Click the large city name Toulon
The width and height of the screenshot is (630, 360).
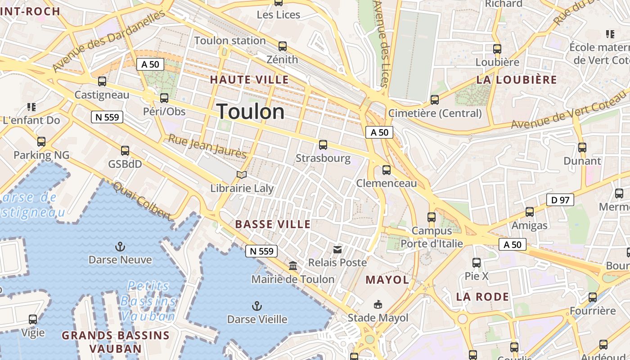coord(251,112)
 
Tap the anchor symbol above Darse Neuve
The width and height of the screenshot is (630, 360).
coord(120,246)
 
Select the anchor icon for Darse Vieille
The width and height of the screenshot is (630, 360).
coord(256,306)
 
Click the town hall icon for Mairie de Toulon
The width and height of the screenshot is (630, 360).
coord(293,266)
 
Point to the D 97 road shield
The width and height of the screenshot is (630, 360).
coord(560,200)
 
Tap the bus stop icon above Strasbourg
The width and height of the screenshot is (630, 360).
coord(323,145)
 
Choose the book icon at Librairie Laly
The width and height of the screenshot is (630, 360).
coord(242,175)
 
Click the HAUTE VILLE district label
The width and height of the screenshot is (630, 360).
coord(249,80)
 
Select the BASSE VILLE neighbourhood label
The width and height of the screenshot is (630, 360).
coord(273,224)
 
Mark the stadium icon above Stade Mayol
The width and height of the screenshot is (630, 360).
coord(378,305)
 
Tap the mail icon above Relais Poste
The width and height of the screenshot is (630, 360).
coord(337,249)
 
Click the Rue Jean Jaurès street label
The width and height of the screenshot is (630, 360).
coord(207,146)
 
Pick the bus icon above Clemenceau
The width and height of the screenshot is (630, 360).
coord(387,170)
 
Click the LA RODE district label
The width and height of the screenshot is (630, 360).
coord(482,297)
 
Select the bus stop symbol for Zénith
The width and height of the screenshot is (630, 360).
coord(283,46)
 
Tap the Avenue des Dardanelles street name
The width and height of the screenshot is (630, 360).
coord(108,40)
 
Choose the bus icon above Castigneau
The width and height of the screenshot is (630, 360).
coord(102,81)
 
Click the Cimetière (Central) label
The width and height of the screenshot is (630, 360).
coord(435,113)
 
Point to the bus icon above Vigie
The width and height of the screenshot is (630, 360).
coord(33,319)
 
